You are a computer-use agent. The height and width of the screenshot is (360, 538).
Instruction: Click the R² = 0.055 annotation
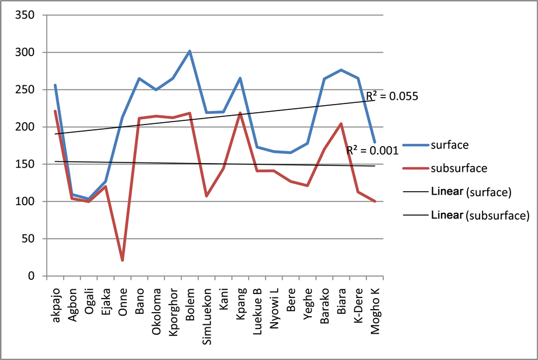392,96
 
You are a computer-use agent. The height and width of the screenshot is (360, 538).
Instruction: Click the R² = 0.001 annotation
373,150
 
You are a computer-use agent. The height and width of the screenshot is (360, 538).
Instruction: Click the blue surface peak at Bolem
189,51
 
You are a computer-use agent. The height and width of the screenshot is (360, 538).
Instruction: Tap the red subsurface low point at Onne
122,260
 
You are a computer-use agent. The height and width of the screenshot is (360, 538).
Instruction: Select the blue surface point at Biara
341,70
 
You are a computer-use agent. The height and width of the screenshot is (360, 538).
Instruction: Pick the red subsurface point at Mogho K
374,201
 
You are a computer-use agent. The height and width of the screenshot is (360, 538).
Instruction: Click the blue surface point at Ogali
89,199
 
